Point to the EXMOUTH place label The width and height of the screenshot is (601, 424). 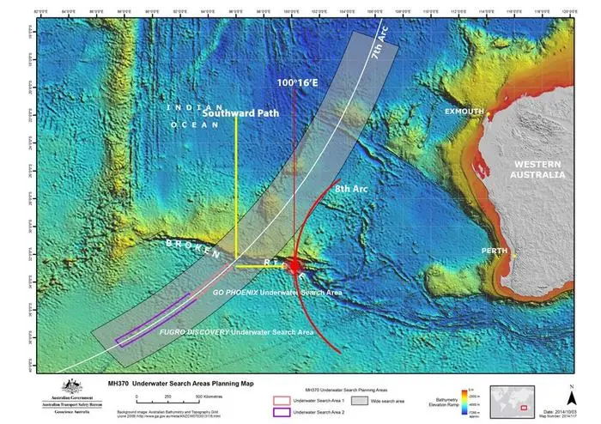tap(464, 112)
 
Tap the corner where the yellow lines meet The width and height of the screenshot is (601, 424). tap(236, 266)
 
